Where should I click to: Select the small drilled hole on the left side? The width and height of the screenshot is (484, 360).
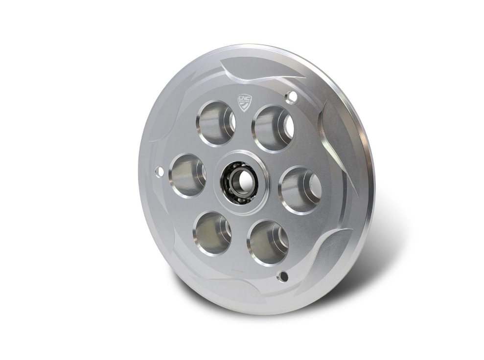pos(159,171)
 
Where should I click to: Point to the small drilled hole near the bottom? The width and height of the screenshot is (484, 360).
pos(282,276)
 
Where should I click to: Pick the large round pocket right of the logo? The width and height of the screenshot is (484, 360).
pos(273,128)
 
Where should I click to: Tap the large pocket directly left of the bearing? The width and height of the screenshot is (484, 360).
pos(187,175)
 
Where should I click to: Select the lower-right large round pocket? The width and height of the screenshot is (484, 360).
pos(268,242)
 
